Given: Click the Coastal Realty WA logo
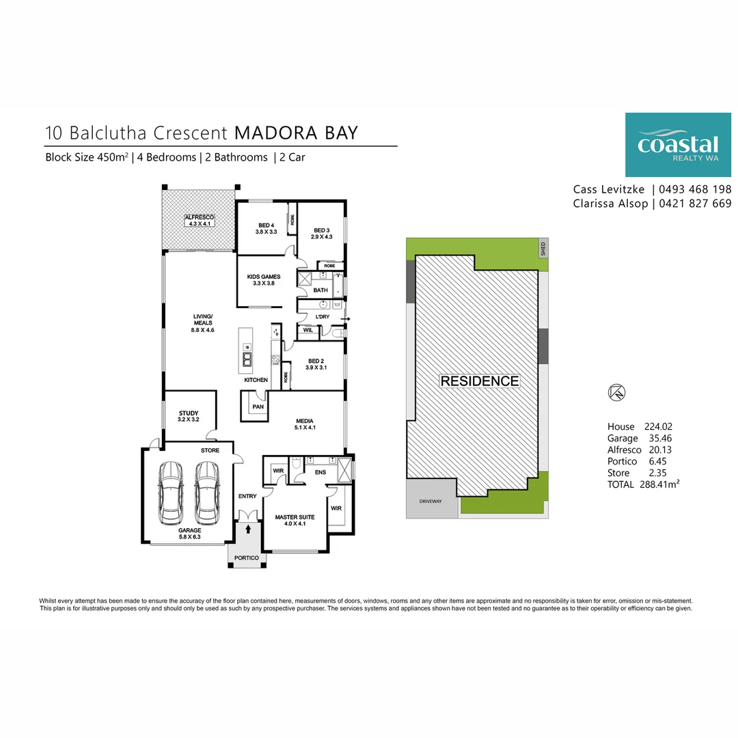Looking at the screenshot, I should pos(678,145).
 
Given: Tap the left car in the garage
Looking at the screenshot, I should pos(170,492).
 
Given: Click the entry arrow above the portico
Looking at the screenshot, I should pos(248,528).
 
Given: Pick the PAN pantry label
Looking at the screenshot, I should pos(258,407).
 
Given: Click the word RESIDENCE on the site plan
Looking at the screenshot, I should pos(479,381).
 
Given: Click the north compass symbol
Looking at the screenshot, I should pos(616,392).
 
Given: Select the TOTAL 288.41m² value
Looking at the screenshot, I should pos(643,484).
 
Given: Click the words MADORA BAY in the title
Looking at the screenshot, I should pos(296,132).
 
